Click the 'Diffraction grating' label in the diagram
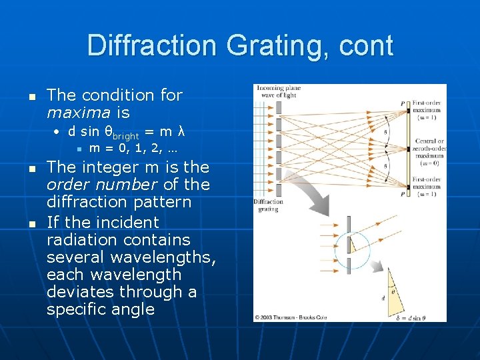coord(268,205)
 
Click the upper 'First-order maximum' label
coord(427,110)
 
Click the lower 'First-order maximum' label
coord(427,186)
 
